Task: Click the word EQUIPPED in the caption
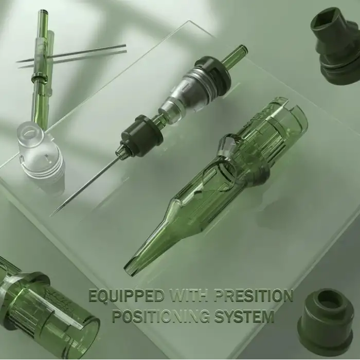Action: point(127,296)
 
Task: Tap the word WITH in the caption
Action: point(188,296)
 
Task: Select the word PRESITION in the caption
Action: point(253,296)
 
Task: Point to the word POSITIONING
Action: point(160,316)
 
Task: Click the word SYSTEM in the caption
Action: point(244,316)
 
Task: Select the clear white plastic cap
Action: point(41,152)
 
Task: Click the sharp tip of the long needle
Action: point(52,215)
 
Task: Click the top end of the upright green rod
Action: point(43,11)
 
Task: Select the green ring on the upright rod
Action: point(40,78)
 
